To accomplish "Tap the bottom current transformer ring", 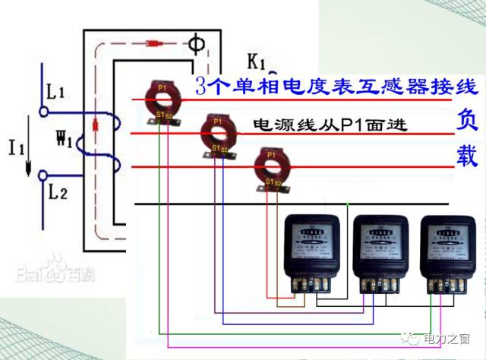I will click(269, 166).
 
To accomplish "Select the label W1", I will click(65, 141).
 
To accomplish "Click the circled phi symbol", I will click(196, 44).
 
